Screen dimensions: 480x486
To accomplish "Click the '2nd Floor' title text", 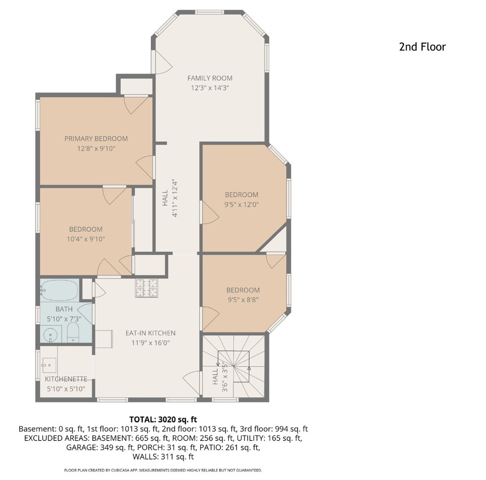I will [x=422, y=47].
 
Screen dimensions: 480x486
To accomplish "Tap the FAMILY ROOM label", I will [x=210, y=78].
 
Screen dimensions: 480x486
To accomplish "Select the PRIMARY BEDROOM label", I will [x=96, y=139].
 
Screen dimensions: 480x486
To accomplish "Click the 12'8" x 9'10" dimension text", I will [x=96, y=149].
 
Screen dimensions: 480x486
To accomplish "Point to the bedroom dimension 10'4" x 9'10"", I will [x=86, y=239].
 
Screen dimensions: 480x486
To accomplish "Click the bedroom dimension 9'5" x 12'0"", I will [x=241, y=204].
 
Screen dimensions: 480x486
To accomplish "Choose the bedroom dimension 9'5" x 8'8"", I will [x=243, y=300].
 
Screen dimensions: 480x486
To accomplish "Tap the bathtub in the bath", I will [x=59, y=290].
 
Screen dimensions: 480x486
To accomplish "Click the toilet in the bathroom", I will [x=73, y=332].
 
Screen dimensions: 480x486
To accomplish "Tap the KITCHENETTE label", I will [x=66, y=379].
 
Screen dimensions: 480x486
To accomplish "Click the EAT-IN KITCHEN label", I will [x=150, y=333].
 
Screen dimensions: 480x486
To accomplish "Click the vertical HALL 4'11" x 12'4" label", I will [x=170, y=198].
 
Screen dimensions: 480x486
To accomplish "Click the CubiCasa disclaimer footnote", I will [x=163, y=470].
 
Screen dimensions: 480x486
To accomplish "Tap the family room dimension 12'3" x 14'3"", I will [x=210, y=88].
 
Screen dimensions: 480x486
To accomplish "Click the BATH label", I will [x=64, y=309].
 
